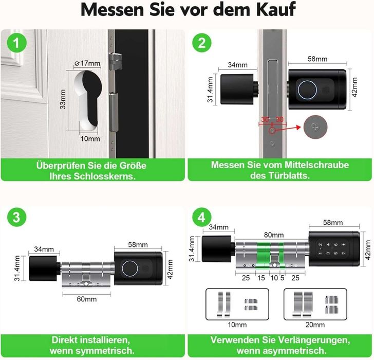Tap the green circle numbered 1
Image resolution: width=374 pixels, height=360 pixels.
[18, 44]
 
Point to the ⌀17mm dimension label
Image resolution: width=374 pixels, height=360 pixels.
[87, 63]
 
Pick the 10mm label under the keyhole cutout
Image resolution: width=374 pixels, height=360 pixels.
[90, 139]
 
